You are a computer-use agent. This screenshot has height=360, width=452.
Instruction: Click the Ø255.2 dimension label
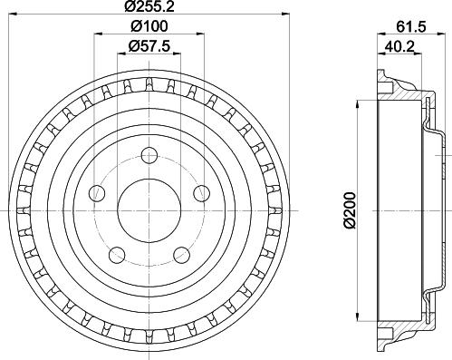coord(149,6)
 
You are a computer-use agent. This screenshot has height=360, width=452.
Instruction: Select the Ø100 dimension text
coord(149,26)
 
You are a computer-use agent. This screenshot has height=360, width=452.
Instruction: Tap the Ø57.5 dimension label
coord(149,46)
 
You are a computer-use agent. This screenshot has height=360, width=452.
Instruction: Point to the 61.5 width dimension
coord(410,27)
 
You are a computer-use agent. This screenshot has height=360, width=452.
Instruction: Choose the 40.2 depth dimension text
coord(399,47)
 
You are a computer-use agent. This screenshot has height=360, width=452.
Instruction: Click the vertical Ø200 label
coord(351,210)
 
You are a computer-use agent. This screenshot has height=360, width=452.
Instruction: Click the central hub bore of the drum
coord(149,210)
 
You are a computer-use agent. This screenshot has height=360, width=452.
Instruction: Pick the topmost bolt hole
coord(149,156)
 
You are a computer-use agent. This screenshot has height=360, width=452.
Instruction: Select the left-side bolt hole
coord(97,193)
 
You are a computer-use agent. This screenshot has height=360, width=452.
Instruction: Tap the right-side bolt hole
coord(201,193)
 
